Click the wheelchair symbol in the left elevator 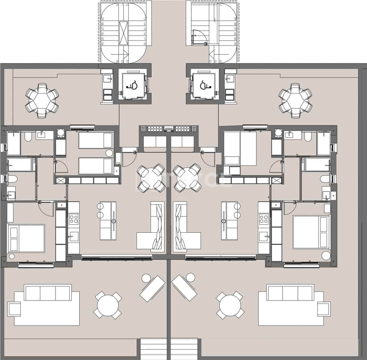click(132, 85)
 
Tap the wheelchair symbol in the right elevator click(206, 85)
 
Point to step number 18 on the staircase click(144, 43)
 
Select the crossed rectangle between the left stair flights click(123, 33)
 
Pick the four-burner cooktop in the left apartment click(74, 219)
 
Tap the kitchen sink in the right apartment click(264, 235)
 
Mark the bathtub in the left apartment click(20, 165)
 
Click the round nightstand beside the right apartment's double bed click(326, 255)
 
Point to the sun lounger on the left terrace click(152, 289)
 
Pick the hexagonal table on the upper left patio click(42, 101)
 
